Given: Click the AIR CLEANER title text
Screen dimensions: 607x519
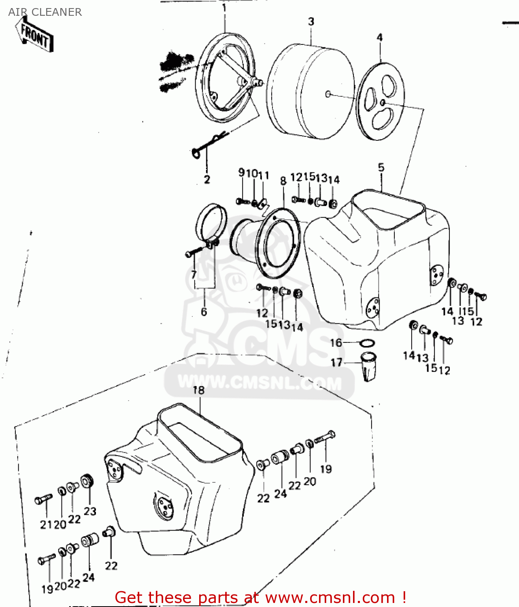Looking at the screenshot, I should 45,12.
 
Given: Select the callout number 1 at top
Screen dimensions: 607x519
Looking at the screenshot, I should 224,8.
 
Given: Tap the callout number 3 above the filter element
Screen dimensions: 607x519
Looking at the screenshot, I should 311,21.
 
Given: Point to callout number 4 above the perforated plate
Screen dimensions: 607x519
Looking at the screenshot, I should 379,38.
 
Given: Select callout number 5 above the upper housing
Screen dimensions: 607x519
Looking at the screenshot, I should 381,168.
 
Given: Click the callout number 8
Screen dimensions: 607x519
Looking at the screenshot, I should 283,181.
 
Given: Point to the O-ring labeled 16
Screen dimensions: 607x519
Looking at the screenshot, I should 367,344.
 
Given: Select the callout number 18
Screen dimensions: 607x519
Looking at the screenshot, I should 198,390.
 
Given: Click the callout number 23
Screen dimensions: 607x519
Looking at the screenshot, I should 90,511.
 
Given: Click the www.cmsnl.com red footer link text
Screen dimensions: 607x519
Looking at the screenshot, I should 330,597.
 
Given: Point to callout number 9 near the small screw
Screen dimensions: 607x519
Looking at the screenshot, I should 241,173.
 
